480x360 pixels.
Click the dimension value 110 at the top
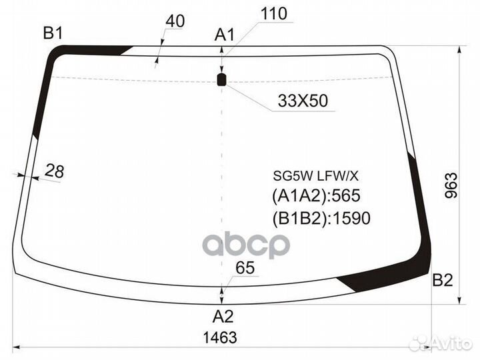(274, 14)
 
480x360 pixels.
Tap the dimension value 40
(175, 21)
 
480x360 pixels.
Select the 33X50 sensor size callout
(303, 101)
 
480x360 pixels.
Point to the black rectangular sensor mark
(221, 79)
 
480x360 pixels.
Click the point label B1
(53, 33)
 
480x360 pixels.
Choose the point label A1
(225, 35)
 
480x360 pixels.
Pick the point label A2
(223, 317)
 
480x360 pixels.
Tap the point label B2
(443, 280)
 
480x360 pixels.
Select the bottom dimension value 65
(245, 267)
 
